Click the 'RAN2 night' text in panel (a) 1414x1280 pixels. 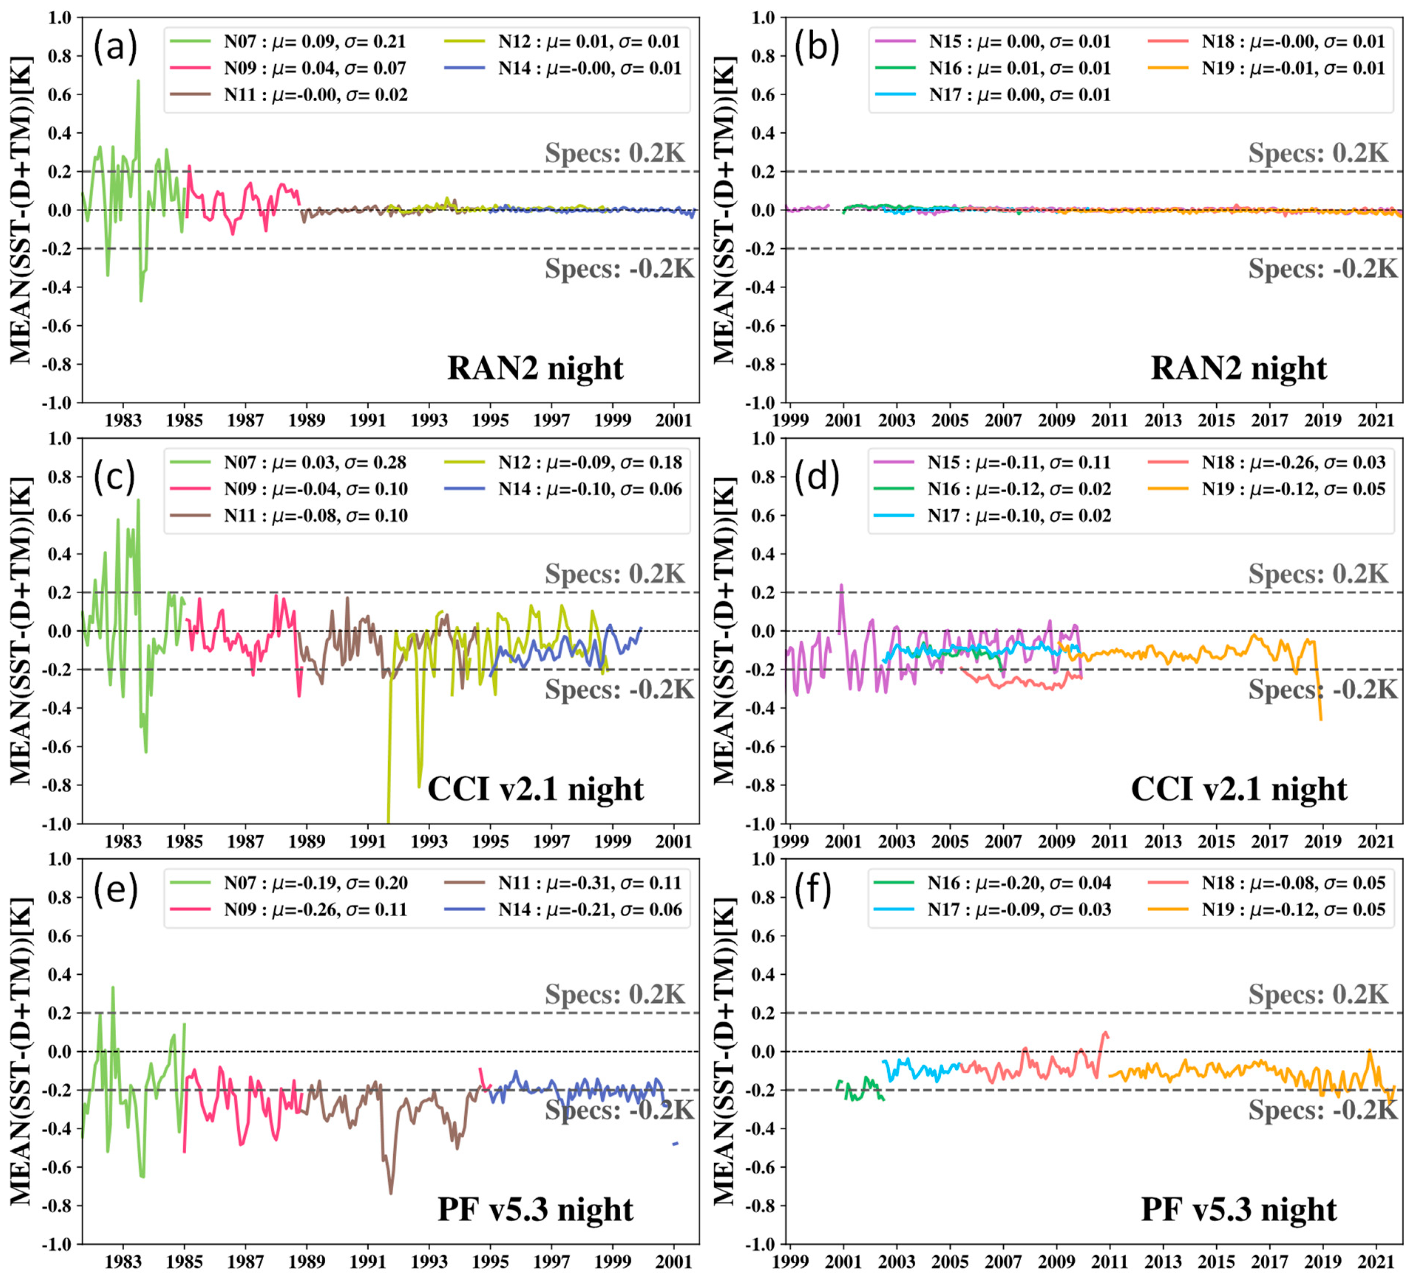(x=535, y=368)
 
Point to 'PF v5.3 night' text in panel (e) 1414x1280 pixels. (x=535, y=1210)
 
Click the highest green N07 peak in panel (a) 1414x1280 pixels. (x=138, y=81)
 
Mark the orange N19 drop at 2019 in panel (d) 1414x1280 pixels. (x=1321, y=719)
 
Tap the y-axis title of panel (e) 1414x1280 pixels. (x=21, y=1052)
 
